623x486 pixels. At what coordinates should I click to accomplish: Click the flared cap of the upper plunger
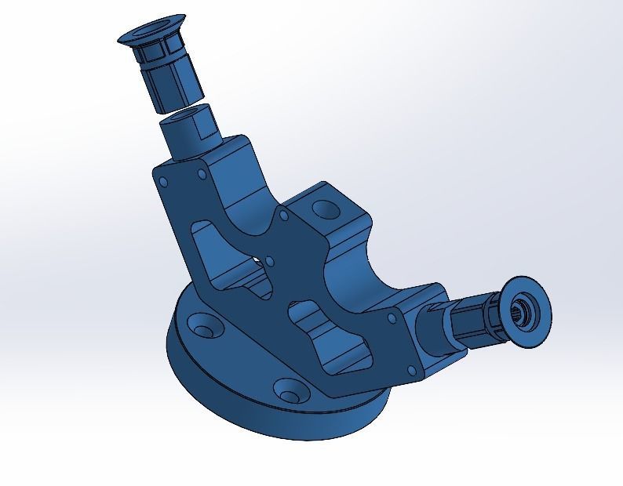149,36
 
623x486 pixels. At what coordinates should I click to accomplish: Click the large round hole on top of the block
322,209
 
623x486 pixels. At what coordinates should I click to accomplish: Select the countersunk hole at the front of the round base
290,389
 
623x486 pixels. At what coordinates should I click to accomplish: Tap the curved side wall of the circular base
235,408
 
